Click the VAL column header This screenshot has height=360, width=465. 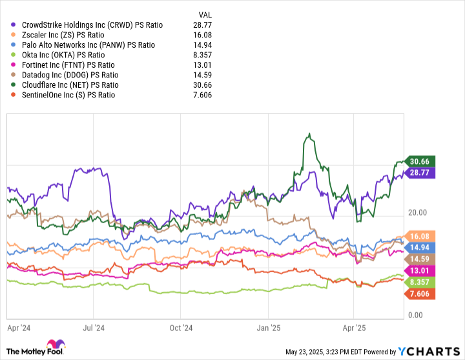(x=203, y=14)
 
